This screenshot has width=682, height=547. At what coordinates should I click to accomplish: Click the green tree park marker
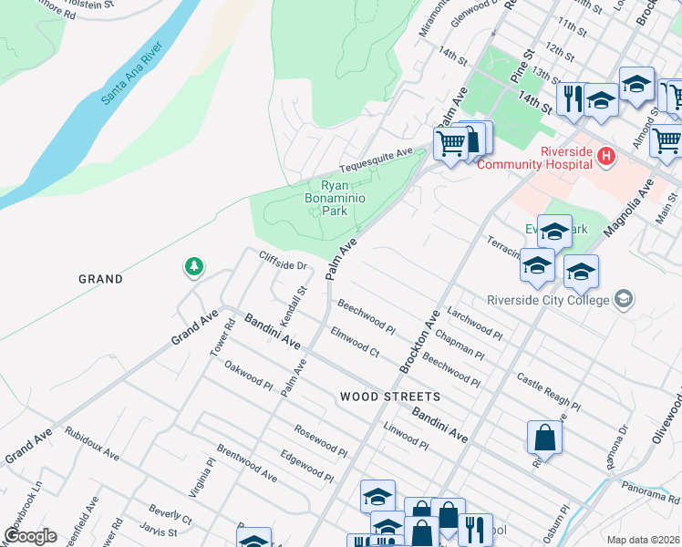coord(193,267)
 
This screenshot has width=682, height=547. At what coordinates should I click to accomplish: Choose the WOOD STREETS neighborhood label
coord(389,397)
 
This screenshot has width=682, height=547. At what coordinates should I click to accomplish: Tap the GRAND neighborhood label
coord(100,279)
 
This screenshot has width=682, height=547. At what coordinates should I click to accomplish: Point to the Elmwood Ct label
coord(355,341)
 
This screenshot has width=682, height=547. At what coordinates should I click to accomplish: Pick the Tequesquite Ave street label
coord(377,160)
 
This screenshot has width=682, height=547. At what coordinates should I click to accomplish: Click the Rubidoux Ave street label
coord(92,442)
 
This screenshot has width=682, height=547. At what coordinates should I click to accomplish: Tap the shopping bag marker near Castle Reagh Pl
coord(544,437)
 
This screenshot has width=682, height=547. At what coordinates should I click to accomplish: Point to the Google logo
coord(31,536)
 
